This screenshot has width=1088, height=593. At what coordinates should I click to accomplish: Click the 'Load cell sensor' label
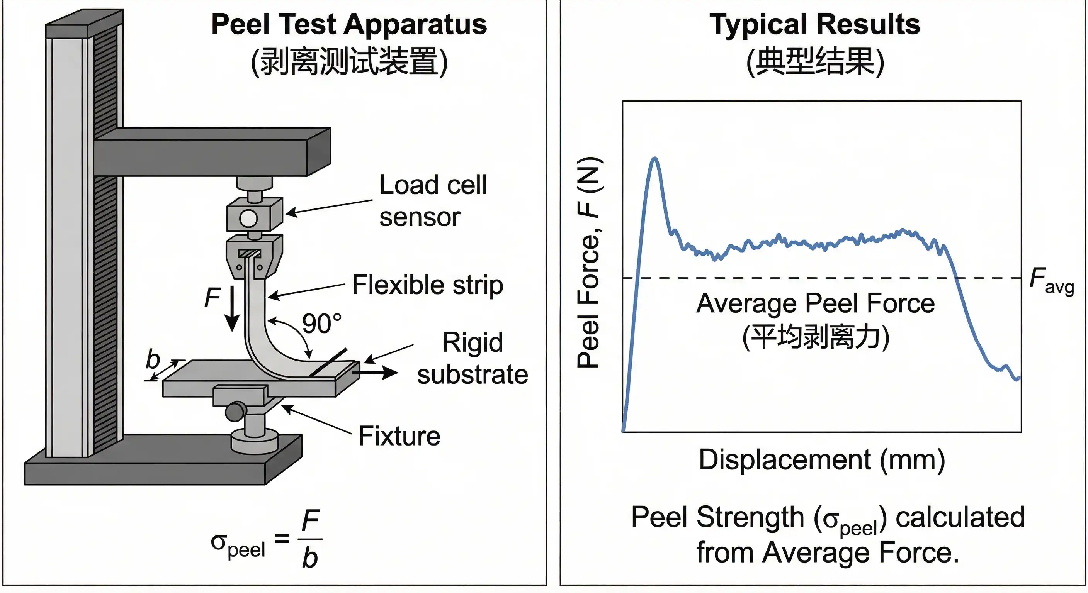(432, 200)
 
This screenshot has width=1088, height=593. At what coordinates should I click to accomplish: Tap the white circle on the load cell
(248, 219)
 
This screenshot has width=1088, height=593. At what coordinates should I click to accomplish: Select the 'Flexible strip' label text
(427, 285)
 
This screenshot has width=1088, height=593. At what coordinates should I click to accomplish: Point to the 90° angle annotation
(321, 324)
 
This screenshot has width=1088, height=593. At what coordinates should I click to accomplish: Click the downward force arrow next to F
(232, 308)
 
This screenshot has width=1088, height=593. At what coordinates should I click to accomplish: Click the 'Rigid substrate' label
(472, 358)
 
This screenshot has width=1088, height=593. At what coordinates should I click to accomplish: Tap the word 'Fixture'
(399, 436)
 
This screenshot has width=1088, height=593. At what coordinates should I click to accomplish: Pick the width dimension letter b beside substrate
(153, 360)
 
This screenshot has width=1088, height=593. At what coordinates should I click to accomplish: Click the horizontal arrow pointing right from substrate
(376, 372)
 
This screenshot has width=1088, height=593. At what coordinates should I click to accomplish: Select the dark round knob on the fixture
(235, 411)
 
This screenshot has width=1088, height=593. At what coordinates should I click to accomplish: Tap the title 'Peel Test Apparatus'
(349, 24)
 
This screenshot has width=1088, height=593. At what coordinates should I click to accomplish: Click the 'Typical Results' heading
(815, 24)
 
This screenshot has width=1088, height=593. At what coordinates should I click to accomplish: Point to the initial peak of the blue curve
(654, 159)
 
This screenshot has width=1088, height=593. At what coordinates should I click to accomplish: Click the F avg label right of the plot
(1051, 280)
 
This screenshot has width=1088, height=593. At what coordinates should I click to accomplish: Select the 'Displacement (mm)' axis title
(821, 460)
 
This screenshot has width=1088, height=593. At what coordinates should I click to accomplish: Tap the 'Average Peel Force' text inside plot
(815, 303)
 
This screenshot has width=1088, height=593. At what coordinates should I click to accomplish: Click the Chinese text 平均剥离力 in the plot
(816, 337)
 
